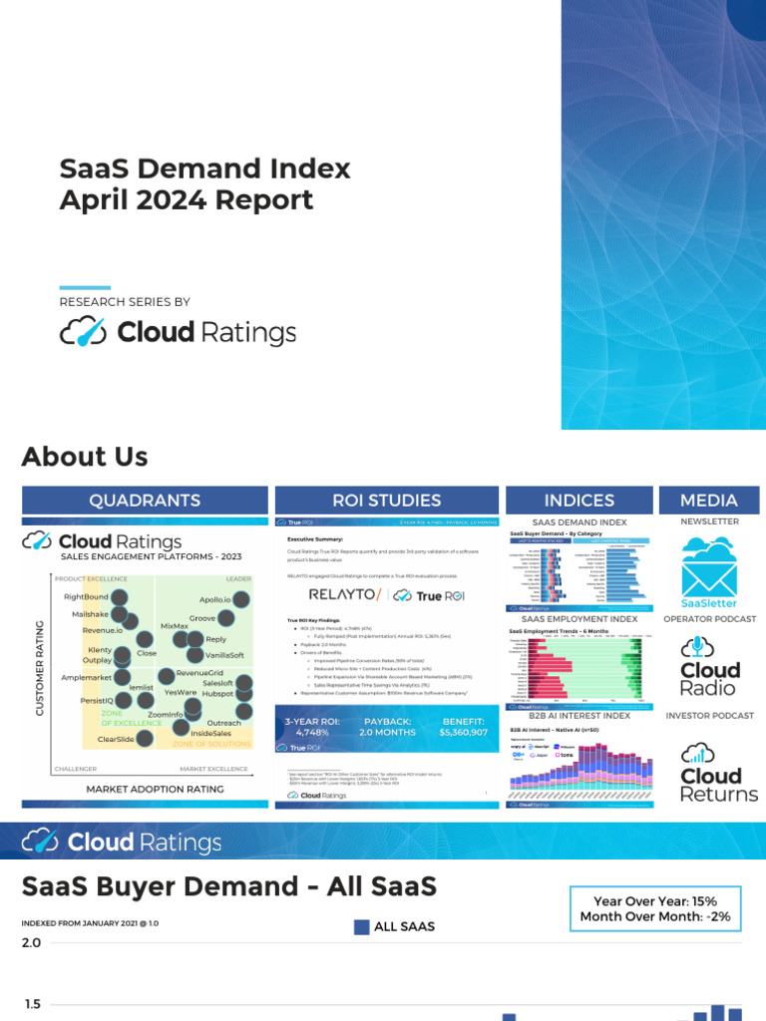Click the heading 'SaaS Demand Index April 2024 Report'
tap(205, 183)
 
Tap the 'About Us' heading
tap(85, 457)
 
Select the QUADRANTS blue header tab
tap(145, 501)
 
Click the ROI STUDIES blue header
tap(387, 501)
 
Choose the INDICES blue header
tap(579, 501)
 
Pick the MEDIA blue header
tap(709, 501)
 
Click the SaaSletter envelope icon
tap(709, 565)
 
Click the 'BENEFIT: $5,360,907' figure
tap(463, 726)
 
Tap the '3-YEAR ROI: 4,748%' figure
tap(312, 726)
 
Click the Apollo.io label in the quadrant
tap(214, 599)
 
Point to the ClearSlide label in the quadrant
tap(116, 739)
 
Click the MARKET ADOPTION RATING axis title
tap(155, 790)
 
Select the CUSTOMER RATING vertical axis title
tap(41, 668)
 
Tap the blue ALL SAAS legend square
tap(362, 926)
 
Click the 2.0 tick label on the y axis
tap(32, 943)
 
